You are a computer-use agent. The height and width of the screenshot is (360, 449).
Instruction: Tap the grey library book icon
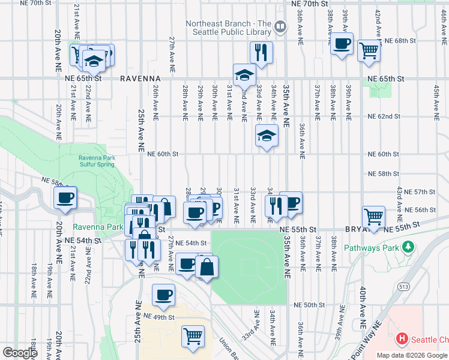click(x=280, y=26)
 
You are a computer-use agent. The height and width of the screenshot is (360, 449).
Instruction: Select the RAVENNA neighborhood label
click(x=140, y=79)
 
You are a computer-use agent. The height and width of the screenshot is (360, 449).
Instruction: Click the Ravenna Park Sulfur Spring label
click(x=96, y=161)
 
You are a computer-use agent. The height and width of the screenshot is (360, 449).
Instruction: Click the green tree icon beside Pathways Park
click(x=409, y=247)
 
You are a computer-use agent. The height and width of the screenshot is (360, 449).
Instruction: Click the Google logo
click(x=20, y=352)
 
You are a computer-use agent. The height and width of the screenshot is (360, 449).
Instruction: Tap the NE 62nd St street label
click(x=384, y=116)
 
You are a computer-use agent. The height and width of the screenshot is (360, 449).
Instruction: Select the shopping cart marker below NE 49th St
click(x=193, y=335)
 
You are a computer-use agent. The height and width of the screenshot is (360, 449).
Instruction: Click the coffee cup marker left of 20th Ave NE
click(x=65, y=197)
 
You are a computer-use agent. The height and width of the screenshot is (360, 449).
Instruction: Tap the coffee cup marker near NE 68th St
click(x=342, y=44)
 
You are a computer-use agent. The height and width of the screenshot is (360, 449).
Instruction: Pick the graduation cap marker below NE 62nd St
click(x=267, y=136)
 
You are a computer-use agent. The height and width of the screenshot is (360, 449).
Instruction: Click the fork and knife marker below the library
click(x=261, y=52)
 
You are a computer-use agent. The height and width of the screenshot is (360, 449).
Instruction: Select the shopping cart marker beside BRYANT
click(x=373, y=217)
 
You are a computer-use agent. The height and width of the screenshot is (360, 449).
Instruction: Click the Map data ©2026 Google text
click(x=412, y=355)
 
